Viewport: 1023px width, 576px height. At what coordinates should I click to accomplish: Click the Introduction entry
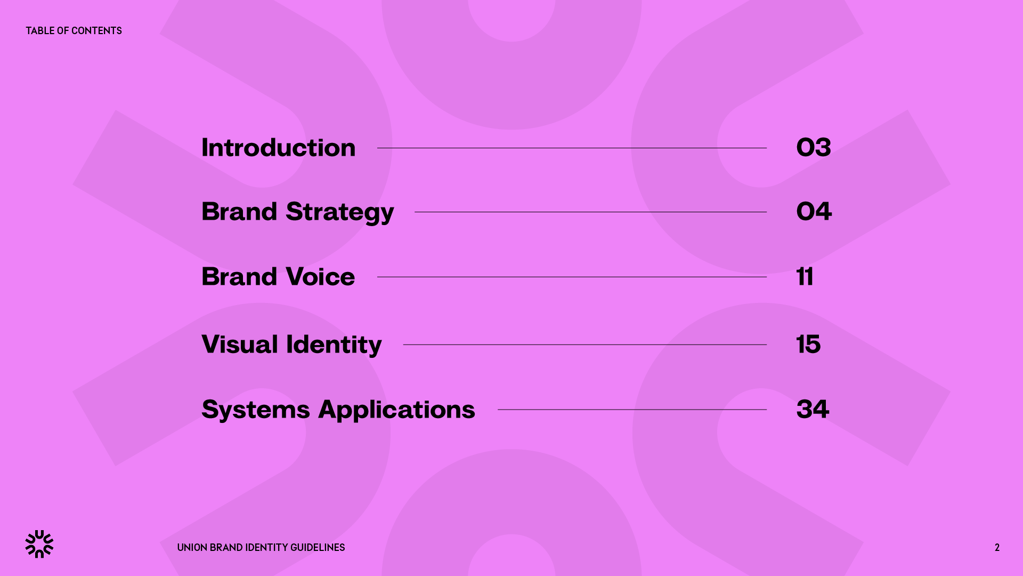coord(278,148)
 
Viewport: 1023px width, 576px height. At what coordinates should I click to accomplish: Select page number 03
coord(814,148)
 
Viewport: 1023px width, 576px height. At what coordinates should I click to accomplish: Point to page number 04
coord(814,212)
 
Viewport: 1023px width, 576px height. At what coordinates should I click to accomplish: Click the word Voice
coord(320,277)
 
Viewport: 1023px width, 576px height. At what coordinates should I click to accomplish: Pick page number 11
coord(805,277)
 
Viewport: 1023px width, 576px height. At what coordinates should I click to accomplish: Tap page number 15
coord(808,345)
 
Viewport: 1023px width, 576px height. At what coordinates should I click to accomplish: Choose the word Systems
coord(256,410)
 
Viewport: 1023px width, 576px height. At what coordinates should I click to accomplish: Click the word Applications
coord(396,410)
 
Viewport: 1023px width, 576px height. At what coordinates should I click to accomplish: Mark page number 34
coord(813,410)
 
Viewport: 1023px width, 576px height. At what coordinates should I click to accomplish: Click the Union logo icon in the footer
coord(39,544)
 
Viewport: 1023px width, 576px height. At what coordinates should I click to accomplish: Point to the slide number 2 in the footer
coord(997,548)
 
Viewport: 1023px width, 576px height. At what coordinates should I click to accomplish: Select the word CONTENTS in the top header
coord(96,31)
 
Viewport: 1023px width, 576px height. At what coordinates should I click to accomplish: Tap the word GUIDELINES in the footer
coord(318,548)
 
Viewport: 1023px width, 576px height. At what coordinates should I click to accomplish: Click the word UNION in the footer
coord(192,548)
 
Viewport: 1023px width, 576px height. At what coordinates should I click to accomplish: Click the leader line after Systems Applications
coord(632,410)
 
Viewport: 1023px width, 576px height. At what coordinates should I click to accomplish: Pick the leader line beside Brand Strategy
coord(590,212)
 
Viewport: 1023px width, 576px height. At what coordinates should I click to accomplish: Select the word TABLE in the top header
coord(40,31)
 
